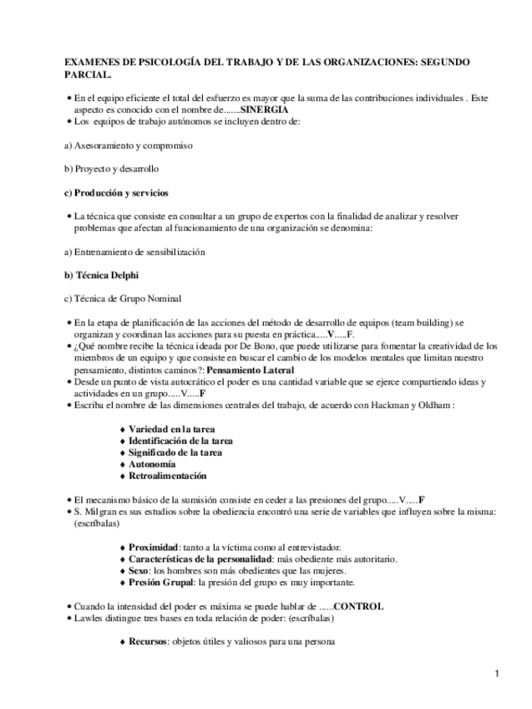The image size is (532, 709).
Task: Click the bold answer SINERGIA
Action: [264, 110]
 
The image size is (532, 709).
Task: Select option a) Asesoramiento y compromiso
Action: [129, 145]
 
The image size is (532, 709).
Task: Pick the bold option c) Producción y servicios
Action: [116, 192]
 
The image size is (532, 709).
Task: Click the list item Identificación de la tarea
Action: [180, 440]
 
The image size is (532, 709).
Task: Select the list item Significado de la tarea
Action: [175, 451]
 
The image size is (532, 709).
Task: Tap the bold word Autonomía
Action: [152, 463]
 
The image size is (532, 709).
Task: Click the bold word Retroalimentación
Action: [167, 476]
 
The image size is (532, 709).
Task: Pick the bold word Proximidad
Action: [154, 547]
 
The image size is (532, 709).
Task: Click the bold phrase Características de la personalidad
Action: [200, 559]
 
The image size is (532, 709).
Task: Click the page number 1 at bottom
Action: [496, 674]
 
